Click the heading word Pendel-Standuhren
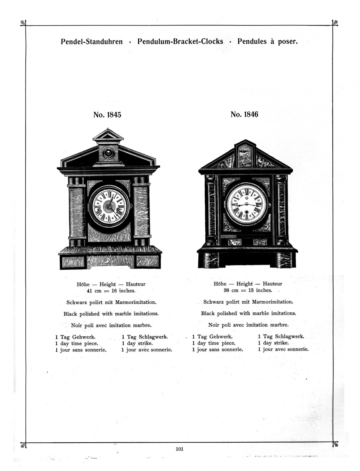pyautogui.click(x=92, y=42)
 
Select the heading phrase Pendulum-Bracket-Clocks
pyautogui.click(x=180, y=41)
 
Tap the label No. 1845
pyautogui.click(x=107, y=115)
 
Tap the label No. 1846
pyautogui.click(x=244, y=114)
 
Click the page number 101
pyautogui.click(x=180, y=449)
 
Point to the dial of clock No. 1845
pyautogui.click(x=110, y=206)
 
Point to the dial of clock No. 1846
pyautogui.click(x=246, y=205)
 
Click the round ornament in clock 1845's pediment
pyautogui.click(x=108, y=153)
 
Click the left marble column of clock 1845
pyautogui.click(x=77, y=211)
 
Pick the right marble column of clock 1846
pyautogui.click(x=281, y=210)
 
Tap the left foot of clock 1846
pyautogui.click(x=211, y=260)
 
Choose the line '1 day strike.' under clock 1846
pyautogui.click(x=273, y=343)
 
